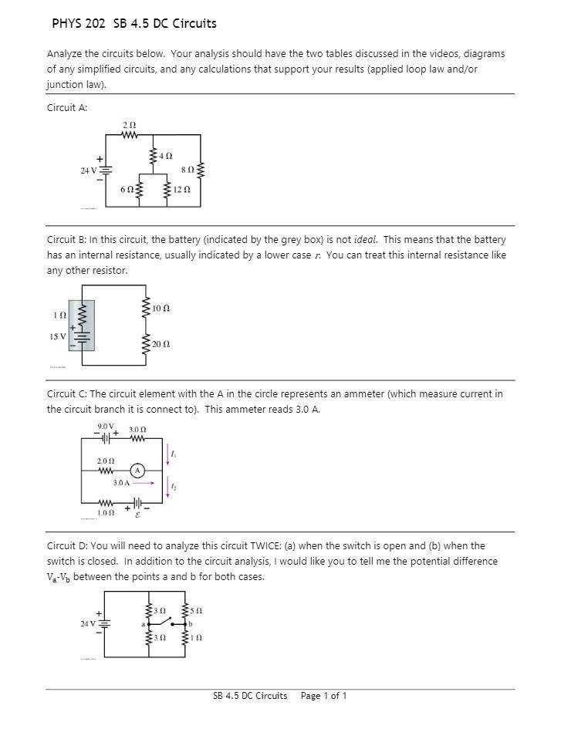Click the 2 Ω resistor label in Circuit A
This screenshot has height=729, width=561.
coord(130,124)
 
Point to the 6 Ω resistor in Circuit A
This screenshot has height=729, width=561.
coord(139,190)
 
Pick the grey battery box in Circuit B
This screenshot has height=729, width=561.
coord(81,326)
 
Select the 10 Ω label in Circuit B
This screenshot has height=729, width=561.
coord(161,308)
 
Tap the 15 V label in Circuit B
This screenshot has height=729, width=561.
coord(57,336)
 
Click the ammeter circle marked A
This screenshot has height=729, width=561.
coord(137,470)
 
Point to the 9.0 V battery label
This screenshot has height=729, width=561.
coord(106,427)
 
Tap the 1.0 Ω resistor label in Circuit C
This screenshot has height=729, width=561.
coord(106,512)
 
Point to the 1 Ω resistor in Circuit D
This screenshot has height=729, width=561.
coord(185,639)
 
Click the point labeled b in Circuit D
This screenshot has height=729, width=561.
coord(191,623)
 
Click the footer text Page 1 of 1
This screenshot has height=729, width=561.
coord(323,696)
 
